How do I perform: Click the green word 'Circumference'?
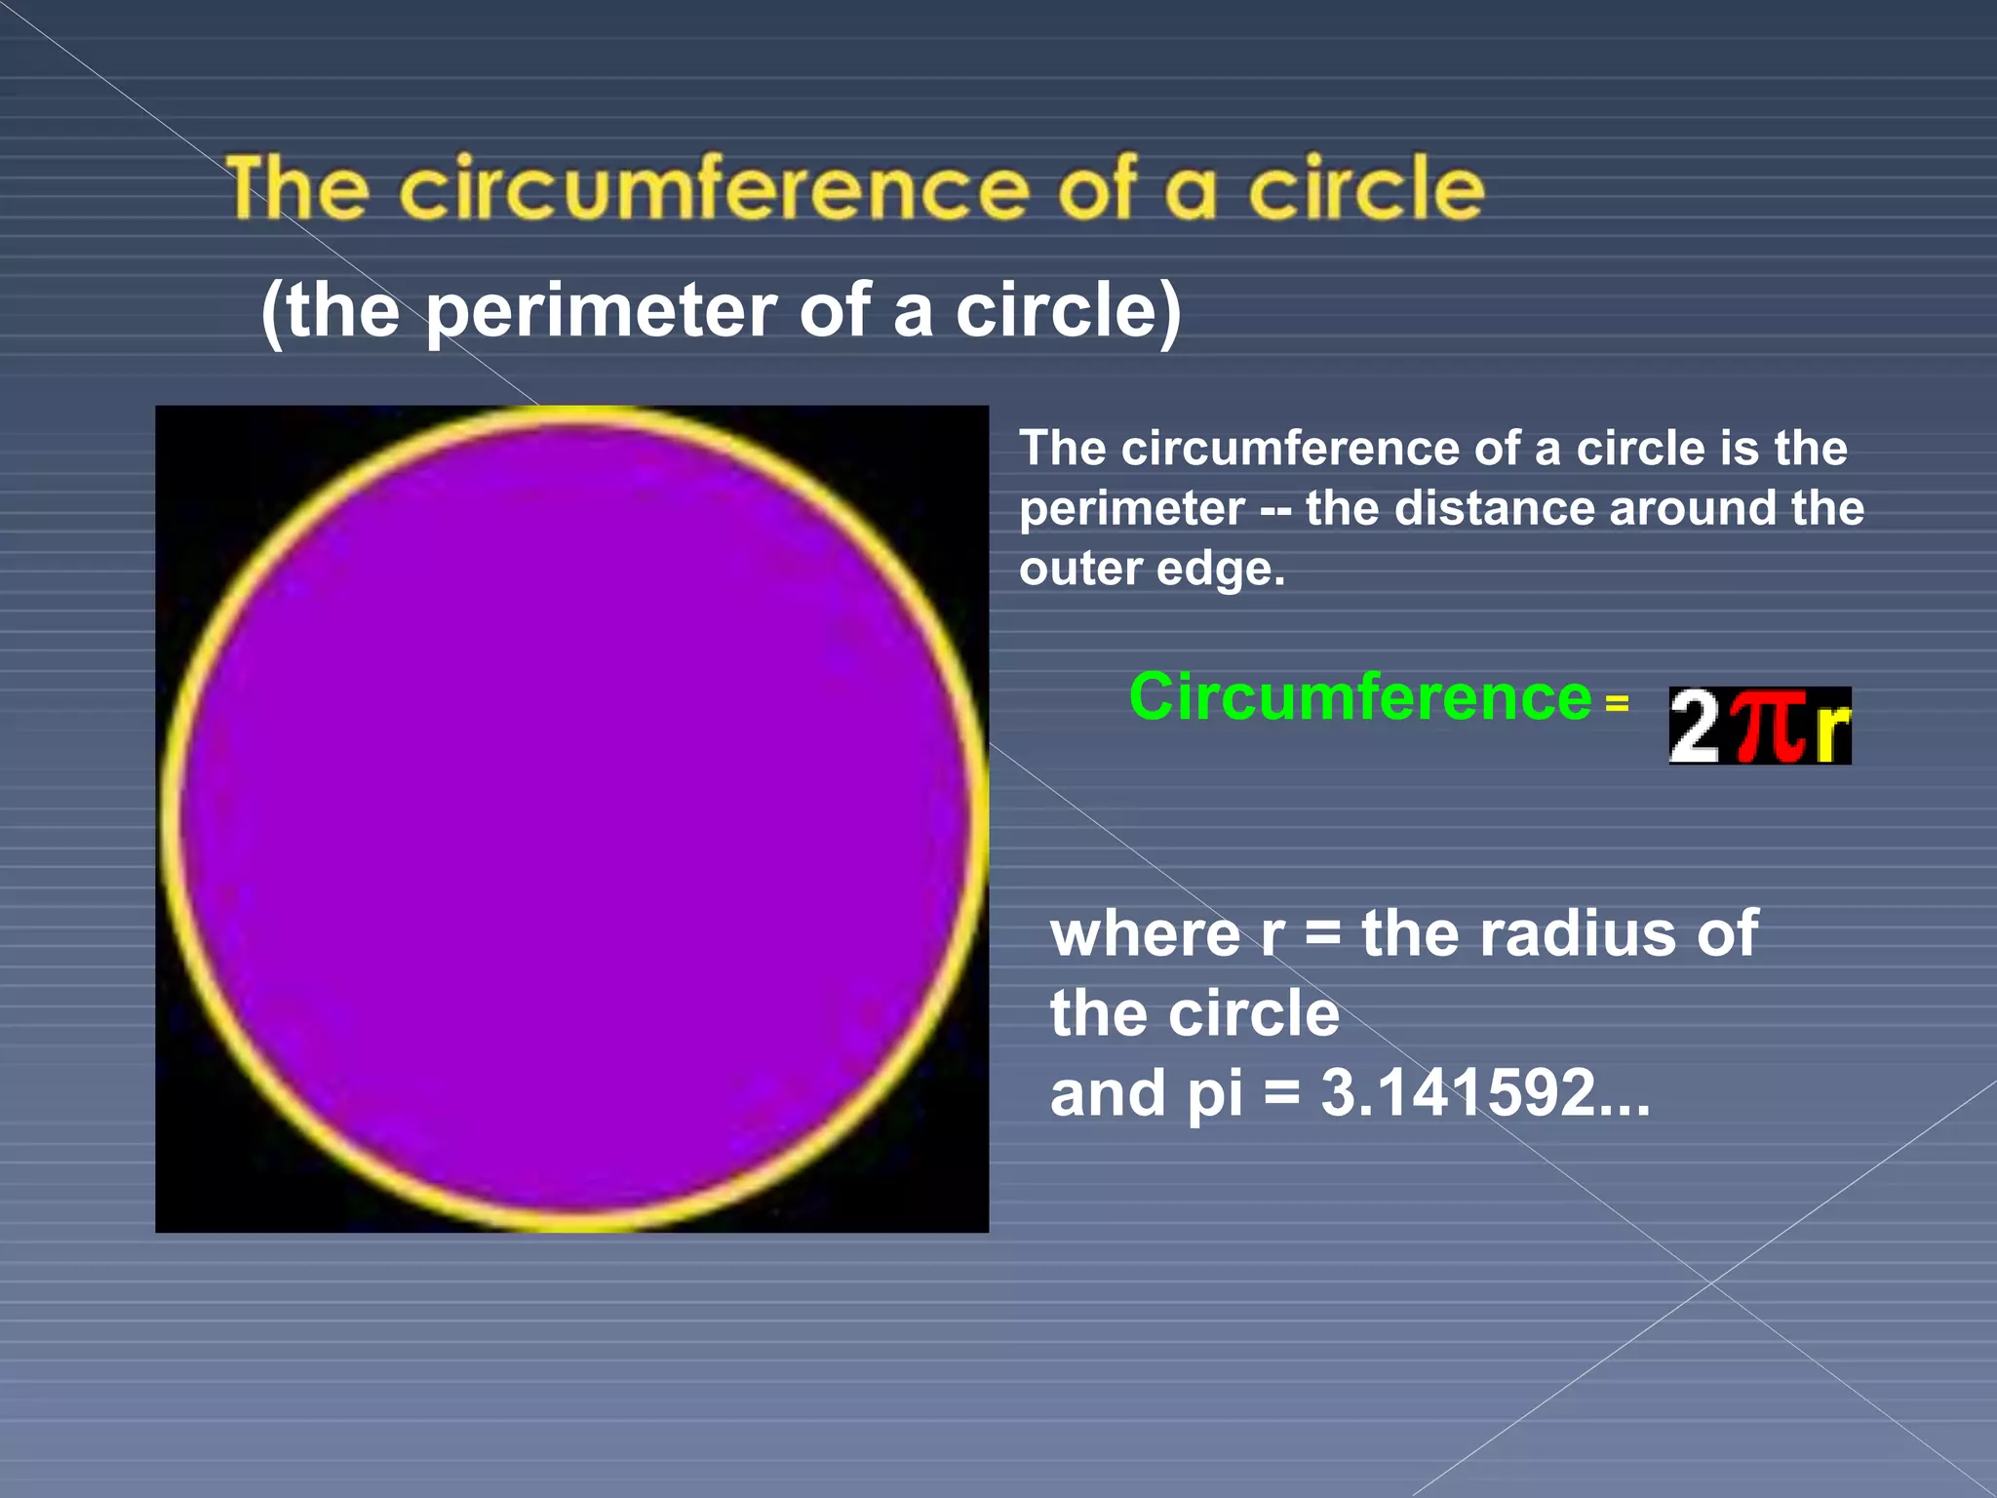1359,698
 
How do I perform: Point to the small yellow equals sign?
1617,703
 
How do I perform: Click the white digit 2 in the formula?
1695,727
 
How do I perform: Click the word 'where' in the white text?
1145,934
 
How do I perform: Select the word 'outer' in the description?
1080,569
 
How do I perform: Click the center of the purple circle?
573,817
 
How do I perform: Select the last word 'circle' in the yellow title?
1366,187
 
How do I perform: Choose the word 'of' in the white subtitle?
834,312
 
